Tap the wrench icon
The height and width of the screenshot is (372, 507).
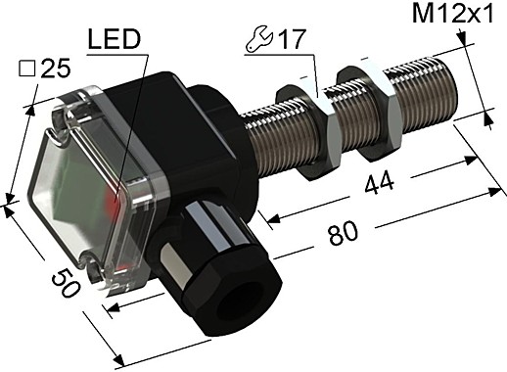coord(253,44)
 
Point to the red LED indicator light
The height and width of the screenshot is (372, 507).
coord(119,209)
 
